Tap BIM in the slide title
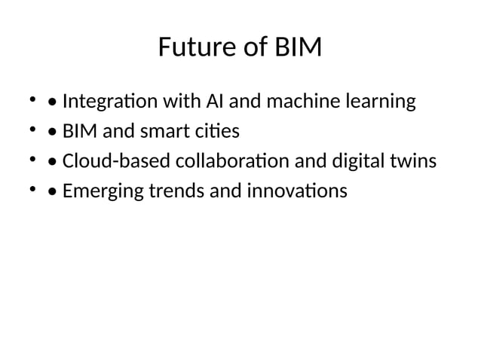[x=297, y=49]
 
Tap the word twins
[x=414, y=162]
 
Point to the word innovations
[x=296, y=192]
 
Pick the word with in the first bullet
[x=174, y=101]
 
